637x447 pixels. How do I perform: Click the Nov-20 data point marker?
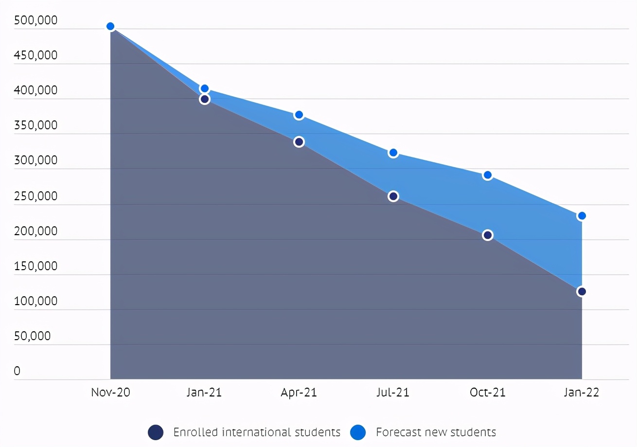pyautogui.click(x=110, y=26)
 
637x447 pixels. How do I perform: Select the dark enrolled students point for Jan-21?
pyautogui.click(x=205, y=99)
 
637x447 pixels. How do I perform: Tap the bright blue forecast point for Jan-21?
pyautogui.click(x=205, y=88)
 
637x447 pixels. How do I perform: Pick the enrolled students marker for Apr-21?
pyautogui.click(x=299, y=142)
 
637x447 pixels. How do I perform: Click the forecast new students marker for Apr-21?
pyautogui.click(x=299, y=115)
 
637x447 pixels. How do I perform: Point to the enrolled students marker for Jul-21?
pyautogui.click(x=393, y=196)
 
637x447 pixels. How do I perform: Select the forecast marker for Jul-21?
pyautogui.click(x=393, y=153)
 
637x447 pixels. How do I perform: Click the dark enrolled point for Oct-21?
pyautogui.click(x=488, y=235)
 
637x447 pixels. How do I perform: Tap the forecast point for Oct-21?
pyautogui.click(x=488, y=175)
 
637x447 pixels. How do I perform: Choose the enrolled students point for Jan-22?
pyautogui.click(x=582, y=292)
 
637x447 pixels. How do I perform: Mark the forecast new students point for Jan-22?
pyautogui.click(x=582, y=216)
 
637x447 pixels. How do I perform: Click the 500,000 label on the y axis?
pyautogui.click(x=36, y=20)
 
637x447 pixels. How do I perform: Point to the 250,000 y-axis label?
pyautogui.click(x=36, y=196)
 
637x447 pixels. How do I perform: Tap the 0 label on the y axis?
pyautogui.click(x=17, y=371)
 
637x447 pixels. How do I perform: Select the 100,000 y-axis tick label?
pyautogui.click(x=36, y=301)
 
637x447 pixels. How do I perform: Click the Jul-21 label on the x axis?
pyautogui.click(x=393, y=393)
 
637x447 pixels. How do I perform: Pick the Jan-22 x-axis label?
pyautogui.click(x=582, y=393)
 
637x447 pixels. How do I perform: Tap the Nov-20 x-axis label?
pyautogui.click(x=111, y=393)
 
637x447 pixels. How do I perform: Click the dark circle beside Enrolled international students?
pyautogui.click(x=156, y=432)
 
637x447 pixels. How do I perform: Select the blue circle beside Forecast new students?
pyautogui.click(x=358, y=432)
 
